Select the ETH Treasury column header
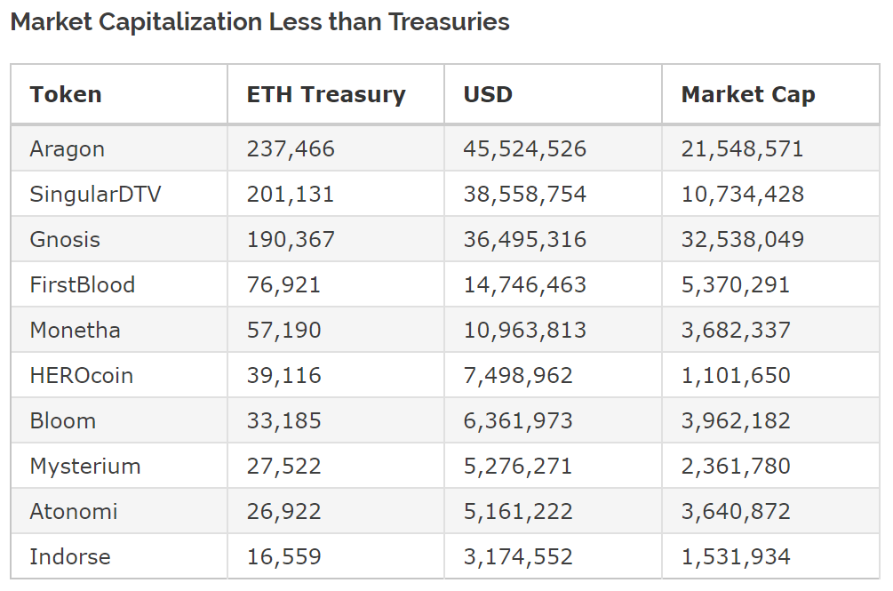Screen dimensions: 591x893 click(325, 94)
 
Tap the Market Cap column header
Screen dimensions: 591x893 click(747, 94)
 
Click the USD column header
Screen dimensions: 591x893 click(488, 94)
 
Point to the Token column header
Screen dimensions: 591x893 click(66, 94)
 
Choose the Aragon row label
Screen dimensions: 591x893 click(67, 148)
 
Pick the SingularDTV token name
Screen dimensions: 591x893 click(95, 194)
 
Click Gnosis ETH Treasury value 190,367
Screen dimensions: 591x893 click(291, 239)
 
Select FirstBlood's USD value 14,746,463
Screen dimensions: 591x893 click(524, 284)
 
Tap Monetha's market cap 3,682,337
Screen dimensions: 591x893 click(735, 330)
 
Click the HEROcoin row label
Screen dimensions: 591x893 click(81, 375)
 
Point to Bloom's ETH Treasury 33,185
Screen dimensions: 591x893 click(283, 420)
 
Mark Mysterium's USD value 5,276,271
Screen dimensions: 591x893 click(517, 466)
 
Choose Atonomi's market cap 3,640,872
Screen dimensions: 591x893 click(735, 511)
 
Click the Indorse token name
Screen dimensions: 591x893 click(70, 556)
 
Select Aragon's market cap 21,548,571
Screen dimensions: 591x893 click(742, 148)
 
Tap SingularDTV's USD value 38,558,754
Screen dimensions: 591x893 click(524, 194)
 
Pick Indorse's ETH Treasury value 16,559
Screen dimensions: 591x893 click(283, 556)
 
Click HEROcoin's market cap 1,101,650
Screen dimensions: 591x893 click(735, 375)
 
